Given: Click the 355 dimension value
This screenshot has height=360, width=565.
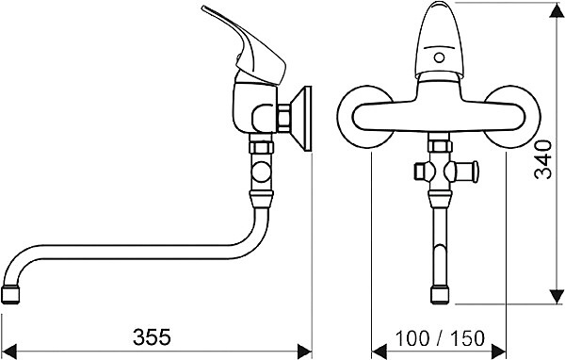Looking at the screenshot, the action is (x=152, y=337).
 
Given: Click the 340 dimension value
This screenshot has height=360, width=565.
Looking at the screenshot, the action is (x=543, y=159).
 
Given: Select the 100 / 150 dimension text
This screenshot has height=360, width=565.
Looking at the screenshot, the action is (x=440, y=338).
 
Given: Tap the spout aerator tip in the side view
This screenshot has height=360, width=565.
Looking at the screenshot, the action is (x=10, y=295).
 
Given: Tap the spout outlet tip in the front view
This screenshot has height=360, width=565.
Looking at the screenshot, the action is (x=441, y=295).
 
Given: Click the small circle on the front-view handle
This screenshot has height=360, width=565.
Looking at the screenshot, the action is (x=439, y=57).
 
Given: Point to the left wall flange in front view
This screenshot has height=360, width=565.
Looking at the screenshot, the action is (x=363, y=117).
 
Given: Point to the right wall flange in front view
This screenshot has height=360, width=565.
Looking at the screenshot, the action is (x=514, y=117).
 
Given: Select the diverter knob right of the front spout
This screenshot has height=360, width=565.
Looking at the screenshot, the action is (x=464, y=171).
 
